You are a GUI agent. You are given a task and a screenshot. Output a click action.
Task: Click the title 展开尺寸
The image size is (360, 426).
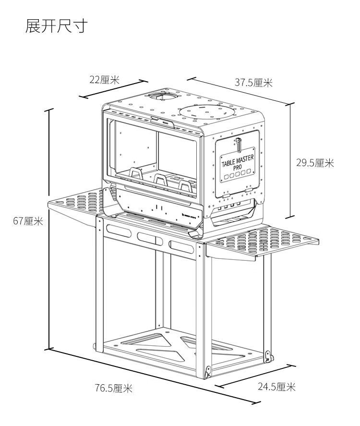(56, 26)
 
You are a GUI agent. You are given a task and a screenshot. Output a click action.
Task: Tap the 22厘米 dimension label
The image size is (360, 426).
(104, 80)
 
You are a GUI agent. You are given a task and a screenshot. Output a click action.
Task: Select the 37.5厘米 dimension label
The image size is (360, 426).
(253, 83)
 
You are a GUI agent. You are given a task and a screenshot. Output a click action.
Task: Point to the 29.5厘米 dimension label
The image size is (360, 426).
(314, 163)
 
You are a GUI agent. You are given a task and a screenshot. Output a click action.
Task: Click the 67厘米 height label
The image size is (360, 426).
(28, 221)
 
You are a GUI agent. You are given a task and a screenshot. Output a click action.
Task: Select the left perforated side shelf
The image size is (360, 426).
(77, 200)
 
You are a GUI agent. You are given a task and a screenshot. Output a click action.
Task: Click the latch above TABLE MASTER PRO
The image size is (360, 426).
(238, 143)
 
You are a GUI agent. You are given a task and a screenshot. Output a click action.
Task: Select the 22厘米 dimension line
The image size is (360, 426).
(112, 89)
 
